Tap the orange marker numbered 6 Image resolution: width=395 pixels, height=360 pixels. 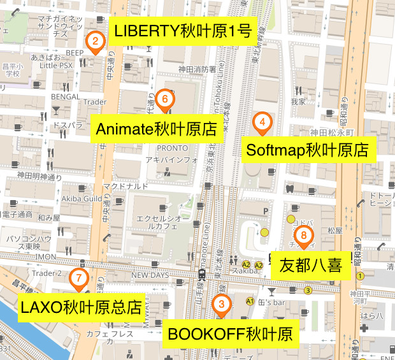[x=164, y=99]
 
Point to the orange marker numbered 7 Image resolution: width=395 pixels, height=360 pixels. [x=78, y=278]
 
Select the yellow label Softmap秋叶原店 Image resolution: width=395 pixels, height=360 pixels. [x=307, y=150]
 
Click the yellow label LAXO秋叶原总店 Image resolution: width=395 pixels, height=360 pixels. [x=81, y=307]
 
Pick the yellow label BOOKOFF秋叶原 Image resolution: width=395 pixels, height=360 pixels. [x=229, y=334]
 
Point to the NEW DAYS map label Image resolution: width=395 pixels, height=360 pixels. [x=150, y=275]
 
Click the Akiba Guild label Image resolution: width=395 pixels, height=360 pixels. [x=82, y=198]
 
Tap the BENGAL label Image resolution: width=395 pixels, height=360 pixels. [x=66, y=97]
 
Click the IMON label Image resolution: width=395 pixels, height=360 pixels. [x=46, y=256]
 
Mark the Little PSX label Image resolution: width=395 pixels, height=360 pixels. [x=57, y=64]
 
